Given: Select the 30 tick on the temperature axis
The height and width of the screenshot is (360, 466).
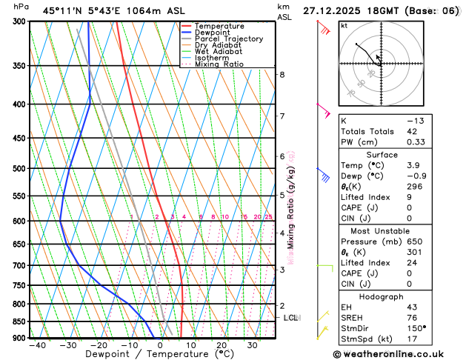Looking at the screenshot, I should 252,345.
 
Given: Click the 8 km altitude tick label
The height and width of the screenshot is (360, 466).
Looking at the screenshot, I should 282,74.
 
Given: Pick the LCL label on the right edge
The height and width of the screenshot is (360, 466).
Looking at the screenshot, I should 291,318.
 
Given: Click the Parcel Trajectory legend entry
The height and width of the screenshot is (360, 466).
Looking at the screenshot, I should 231,39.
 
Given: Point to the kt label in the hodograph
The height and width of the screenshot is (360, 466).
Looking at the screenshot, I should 344,26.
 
